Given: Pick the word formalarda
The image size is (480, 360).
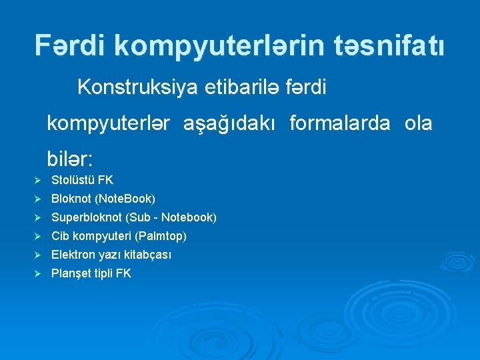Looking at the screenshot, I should (x=340, y=123).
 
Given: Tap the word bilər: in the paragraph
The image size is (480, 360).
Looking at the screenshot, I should (x=70, y=159).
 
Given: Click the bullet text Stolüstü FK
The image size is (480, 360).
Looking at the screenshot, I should (x=82, y=180).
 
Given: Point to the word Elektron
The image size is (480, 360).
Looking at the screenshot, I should (x=72, y=255).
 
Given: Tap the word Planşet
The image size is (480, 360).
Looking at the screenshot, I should (x=71, y=273).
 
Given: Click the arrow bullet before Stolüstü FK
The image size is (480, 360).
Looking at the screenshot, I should (x=38, y=181).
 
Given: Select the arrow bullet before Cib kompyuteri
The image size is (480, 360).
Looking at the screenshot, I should (x=38, y=237).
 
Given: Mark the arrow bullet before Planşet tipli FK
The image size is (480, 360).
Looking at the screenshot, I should (x=38, y=274).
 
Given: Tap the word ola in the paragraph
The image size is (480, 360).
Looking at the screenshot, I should (x=417, y=123).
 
